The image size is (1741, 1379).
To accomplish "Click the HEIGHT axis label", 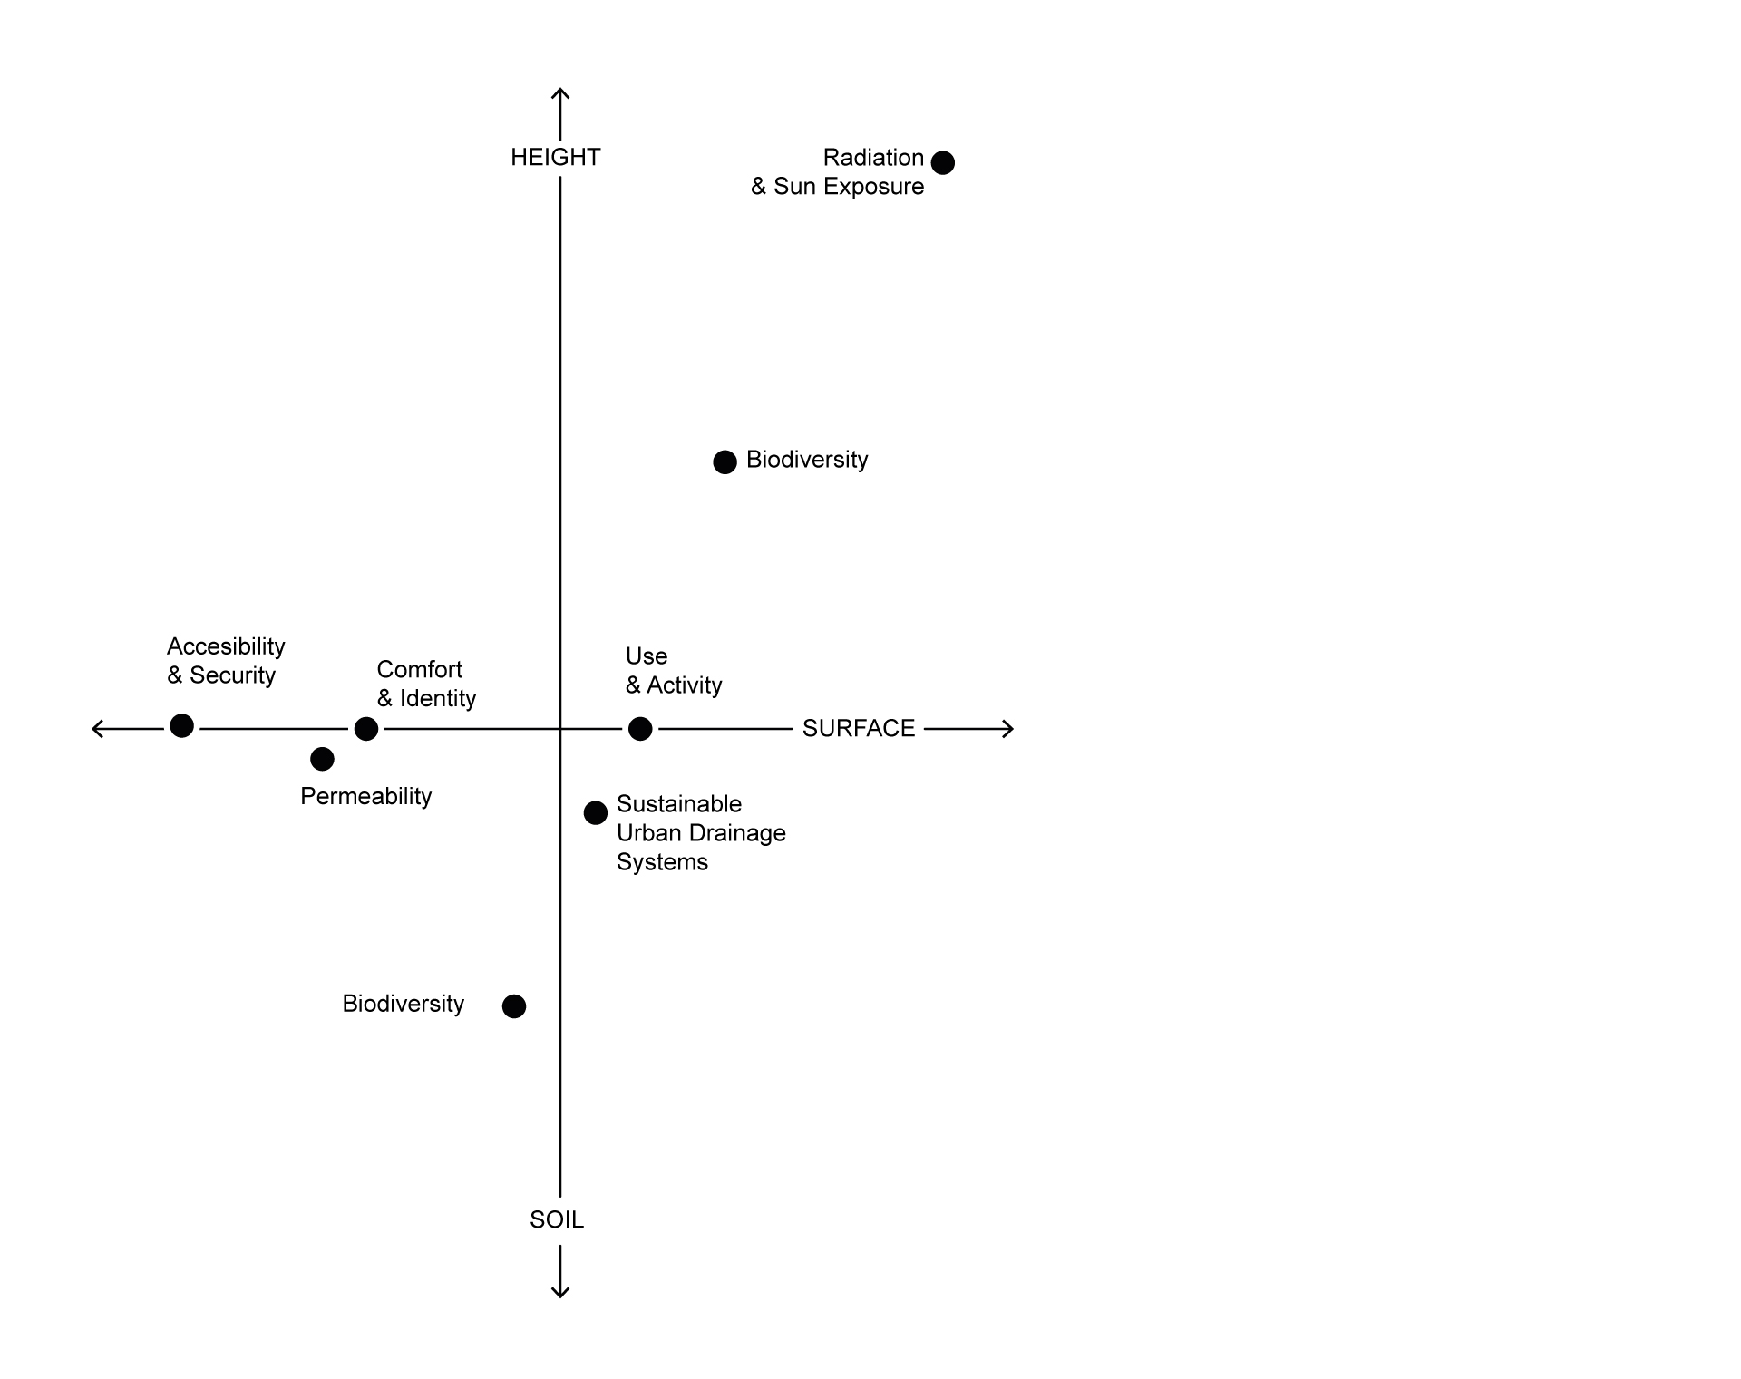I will pos(555,158).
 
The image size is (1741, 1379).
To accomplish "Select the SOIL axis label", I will pos(557,1220).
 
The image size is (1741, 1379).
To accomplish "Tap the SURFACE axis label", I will pos(859,729).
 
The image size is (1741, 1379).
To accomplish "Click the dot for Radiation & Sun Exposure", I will pos(943,163).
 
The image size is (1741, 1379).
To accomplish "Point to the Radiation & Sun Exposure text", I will pos(838,172).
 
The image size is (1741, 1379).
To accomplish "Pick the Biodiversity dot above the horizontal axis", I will pos(725,462).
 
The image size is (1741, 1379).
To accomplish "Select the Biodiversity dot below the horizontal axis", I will pos(514,1006).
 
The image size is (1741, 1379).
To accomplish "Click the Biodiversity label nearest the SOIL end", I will pos(404,1004).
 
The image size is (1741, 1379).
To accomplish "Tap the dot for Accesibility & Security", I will pos(182,726).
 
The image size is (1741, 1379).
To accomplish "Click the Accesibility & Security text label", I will pos(226,661).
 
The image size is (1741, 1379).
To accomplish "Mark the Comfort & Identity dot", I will pos(366,729).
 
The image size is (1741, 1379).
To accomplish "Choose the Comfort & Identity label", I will pos(426,684).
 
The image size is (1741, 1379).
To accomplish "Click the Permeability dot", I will pos(322,759).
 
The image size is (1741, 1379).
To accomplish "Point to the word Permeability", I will pos(366,797).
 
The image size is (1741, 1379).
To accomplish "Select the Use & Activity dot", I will pos(640,729).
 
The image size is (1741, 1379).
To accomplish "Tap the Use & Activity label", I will pos(674,671).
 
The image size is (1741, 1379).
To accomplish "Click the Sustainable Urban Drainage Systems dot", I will pos(596,813).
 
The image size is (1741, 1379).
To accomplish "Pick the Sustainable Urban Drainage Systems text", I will pos(701,833).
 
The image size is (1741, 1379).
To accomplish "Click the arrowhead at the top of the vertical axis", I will pos(560,92).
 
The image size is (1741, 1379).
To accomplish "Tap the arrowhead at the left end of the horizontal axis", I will pos(96,729).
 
